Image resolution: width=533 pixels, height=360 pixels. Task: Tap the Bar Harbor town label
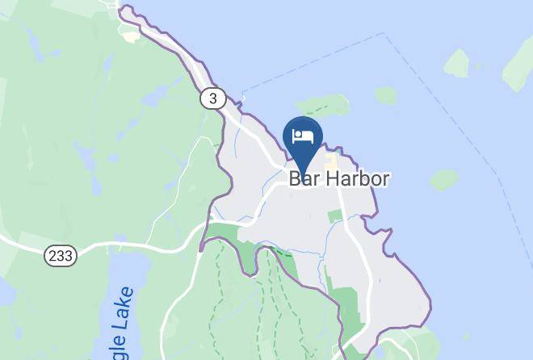pyautogui.click(x=339, y=178)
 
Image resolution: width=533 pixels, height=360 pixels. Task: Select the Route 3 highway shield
pyautogui.click(x=212, y=98)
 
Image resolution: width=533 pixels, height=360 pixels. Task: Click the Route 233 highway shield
pyautogui.click(x=61, y=255)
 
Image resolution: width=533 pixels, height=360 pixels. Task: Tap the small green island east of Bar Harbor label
pyautogui.click(x=443, y=179)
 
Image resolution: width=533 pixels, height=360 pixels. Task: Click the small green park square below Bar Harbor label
pyautogui.click(x=335, y=216)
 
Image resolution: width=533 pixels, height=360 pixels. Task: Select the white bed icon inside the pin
pyautogui.click(x=303, y=134)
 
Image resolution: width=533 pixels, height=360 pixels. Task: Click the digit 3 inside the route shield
pyautogui.click(x=212, y=98)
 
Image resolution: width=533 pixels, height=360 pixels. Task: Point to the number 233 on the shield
pyautogui.click(x=61, y=255)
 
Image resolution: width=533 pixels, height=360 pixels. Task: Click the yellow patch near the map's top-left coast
pyautogui.click(x=129, y=36)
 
